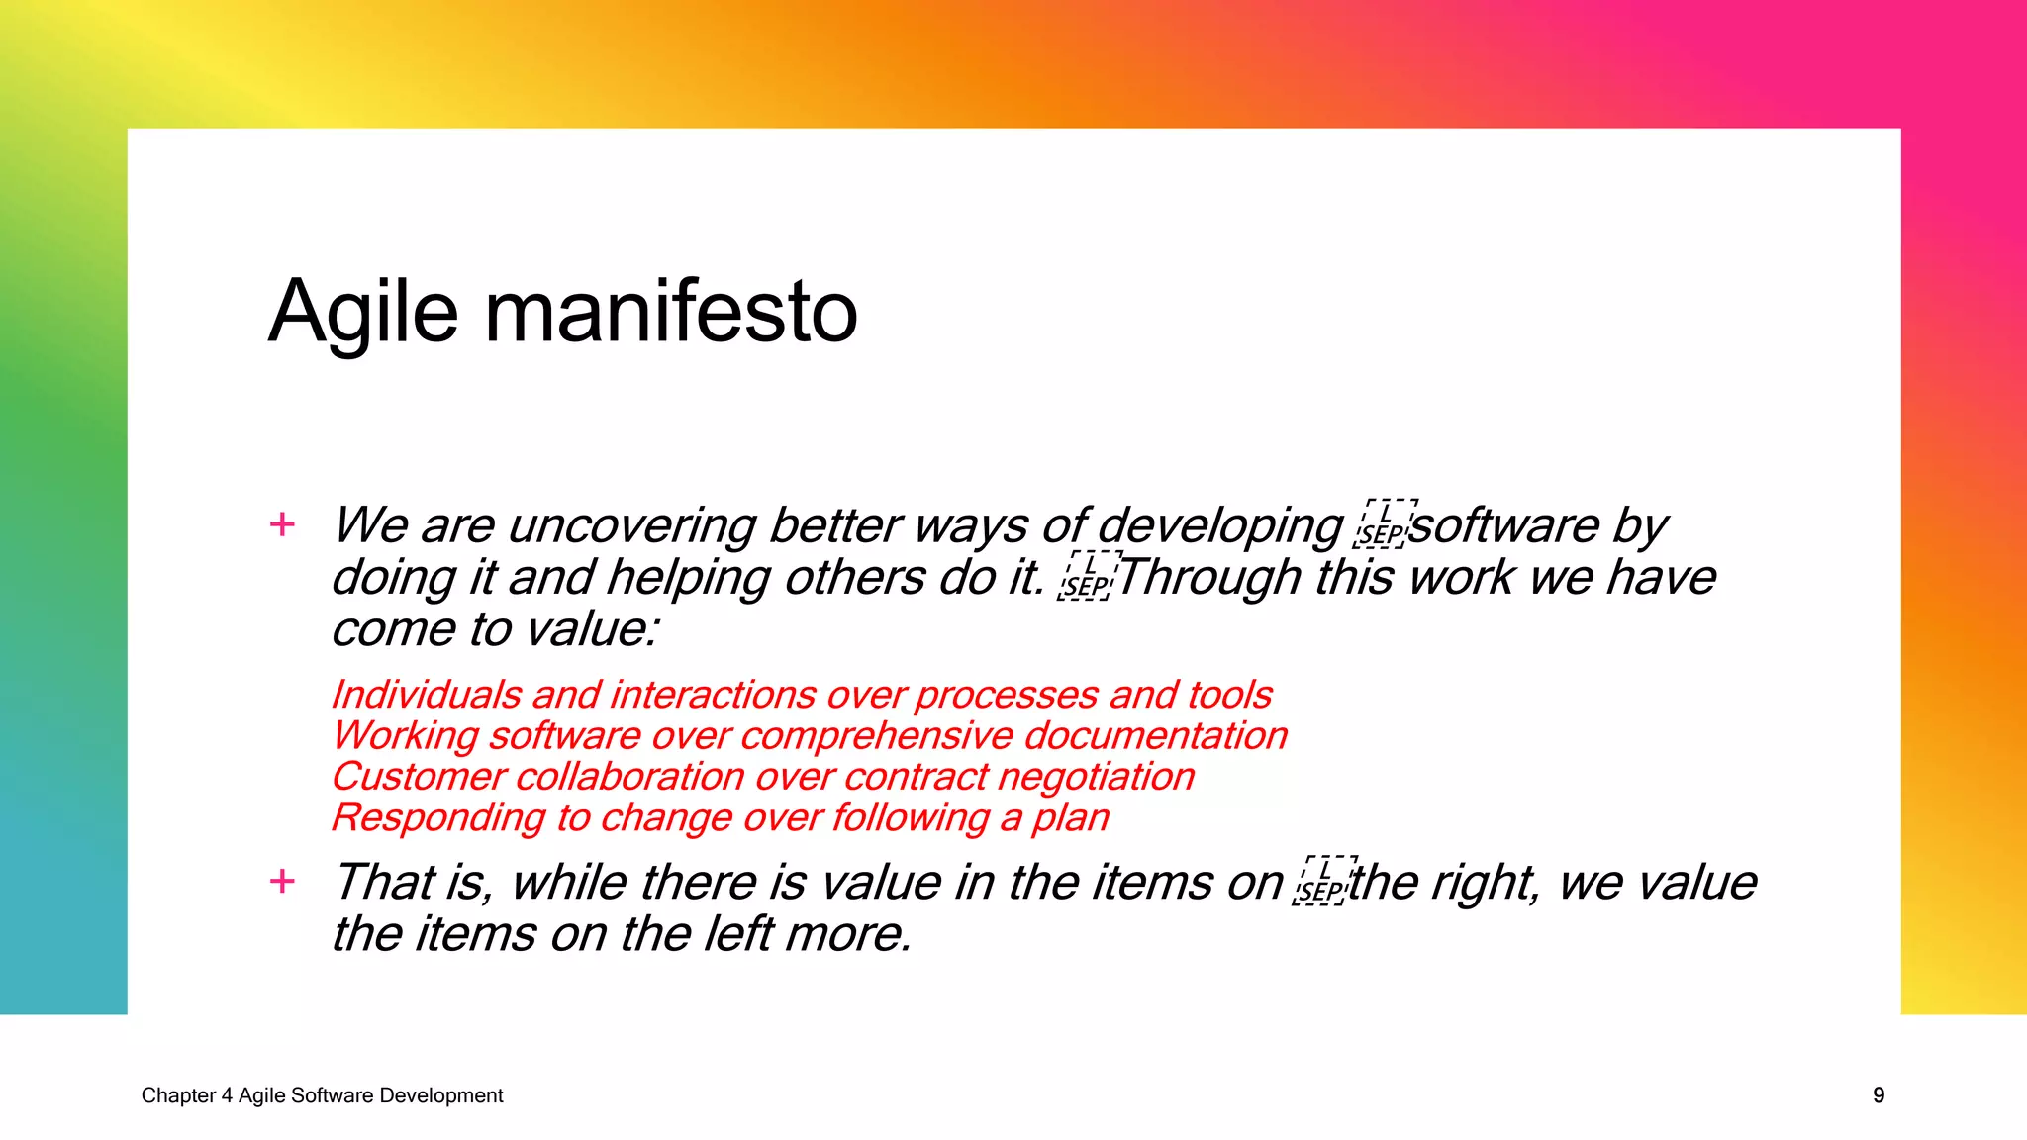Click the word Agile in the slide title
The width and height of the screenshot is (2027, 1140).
363,313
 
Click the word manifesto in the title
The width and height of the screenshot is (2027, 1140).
670,313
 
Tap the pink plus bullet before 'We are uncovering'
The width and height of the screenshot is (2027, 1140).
282,523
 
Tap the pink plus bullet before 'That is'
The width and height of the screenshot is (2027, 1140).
282,880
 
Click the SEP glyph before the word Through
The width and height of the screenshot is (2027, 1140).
1087,577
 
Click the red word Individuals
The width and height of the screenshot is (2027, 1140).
426,695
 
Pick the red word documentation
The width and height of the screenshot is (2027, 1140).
1155,736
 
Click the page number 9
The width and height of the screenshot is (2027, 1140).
1878,1095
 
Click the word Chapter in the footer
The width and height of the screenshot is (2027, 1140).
178,1095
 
